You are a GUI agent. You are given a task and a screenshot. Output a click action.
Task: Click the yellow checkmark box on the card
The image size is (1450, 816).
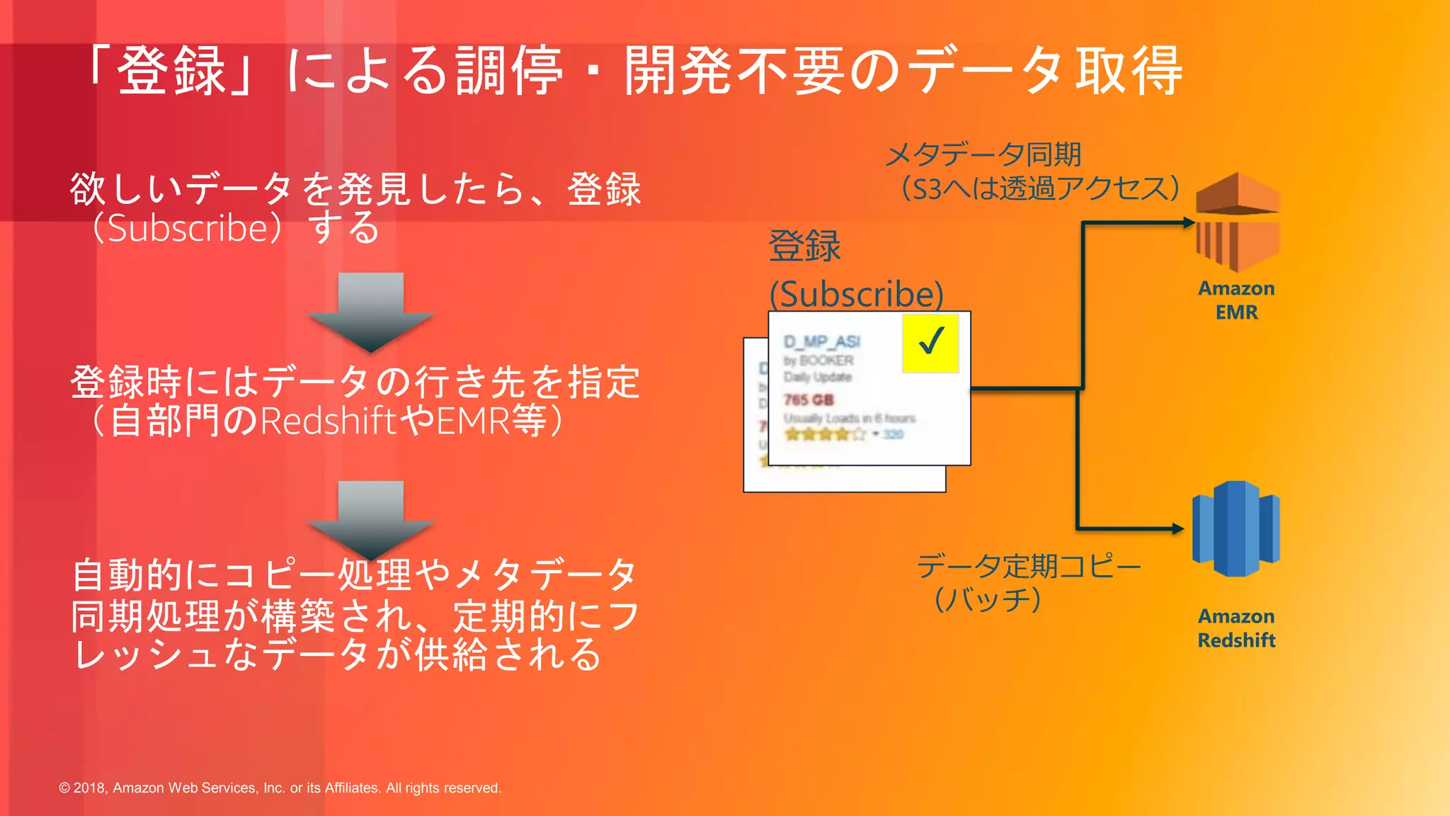click(930, 343)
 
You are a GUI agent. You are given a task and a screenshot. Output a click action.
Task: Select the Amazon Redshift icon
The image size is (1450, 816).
click(1236, 528)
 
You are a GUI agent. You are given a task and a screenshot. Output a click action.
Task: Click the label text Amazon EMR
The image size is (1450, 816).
click(1236, 300)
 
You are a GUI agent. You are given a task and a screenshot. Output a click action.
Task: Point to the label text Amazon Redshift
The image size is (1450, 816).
click(1236, 628)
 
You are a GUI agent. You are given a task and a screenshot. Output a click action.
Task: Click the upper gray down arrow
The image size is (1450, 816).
click(370, 312)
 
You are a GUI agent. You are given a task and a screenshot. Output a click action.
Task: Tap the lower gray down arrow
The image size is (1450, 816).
click(370, 520)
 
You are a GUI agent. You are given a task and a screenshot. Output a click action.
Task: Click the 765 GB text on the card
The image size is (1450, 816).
click(809, 399)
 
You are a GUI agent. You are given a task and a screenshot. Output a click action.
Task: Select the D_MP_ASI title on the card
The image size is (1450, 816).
click(821, 342)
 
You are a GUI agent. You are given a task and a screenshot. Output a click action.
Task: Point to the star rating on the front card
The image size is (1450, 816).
click(826, 434)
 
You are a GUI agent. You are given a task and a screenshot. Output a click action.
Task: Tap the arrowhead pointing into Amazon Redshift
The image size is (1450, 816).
click(1178, 528)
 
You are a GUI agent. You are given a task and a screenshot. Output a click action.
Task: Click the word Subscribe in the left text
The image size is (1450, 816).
click(188, 228)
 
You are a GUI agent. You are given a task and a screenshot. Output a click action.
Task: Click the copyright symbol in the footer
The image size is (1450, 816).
click(64, 788)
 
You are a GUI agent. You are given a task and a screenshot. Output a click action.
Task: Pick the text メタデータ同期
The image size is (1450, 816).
click(983, 154)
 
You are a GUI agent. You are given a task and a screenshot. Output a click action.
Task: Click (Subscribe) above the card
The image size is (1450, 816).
click(857, 294)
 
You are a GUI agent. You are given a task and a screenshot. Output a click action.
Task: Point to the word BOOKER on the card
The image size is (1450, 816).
click(826, 361)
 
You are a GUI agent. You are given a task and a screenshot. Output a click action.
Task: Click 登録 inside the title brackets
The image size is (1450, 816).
click(171, 70)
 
